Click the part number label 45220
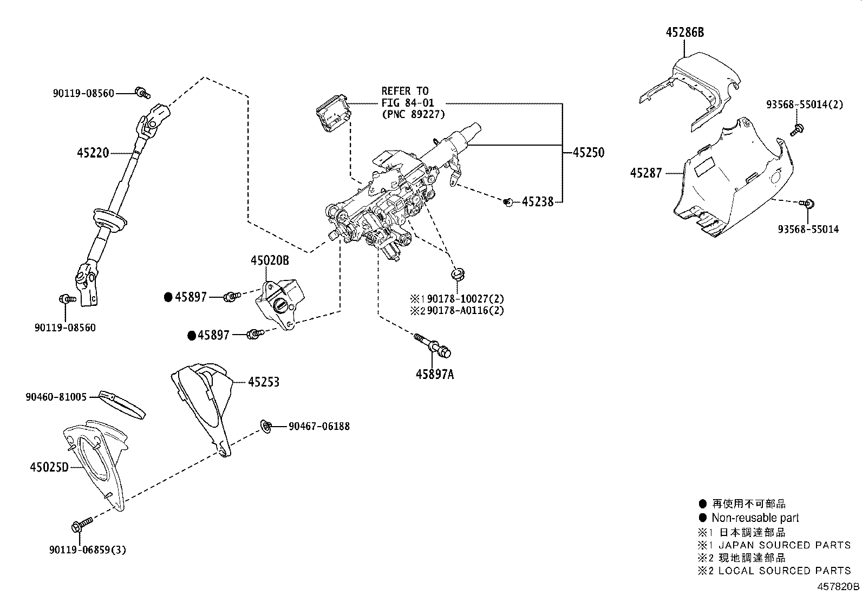94,153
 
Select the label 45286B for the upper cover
684,32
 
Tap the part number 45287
646,173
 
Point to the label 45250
589,153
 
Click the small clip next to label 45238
508,202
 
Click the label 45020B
270,261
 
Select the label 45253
264,382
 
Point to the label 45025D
49,466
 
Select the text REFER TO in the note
404,90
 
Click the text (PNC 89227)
413,114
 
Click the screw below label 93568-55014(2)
796,129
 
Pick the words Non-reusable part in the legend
755,518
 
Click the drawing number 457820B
838,586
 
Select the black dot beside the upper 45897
168,297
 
